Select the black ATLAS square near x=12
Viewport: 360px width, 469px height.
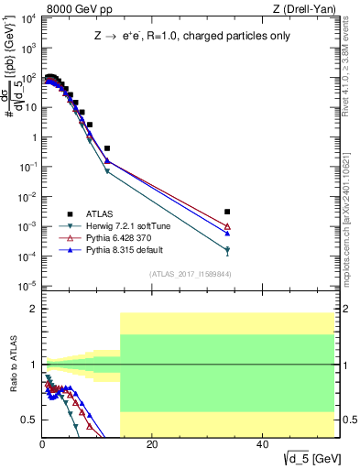[107, 147]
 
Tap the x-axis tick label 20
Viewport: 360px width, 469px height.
[152, 444]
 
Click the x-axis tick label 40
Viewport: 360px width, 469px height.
[262, 444]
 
